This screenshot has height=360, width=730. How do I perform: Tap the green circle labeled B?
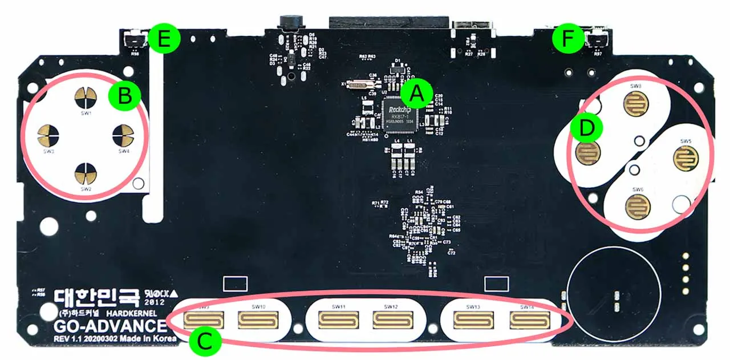click(x=124, y=96)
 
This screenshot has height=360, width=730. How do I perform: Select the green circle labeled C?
click(x=204, y=341)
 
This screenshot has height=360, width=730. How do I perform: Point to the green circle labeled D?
click(x=586, y=129)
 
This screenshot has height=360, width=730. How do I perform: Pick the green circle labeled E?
click(x=164, y=39)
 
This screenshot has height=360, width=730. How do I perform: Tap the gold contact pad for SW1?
click(x=86, y=98)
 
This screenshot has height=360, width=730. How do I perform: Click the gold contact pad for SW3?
click(x=48, y=135)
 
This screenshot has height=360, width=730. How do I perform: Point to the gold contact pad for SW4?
click(x=123, y=135)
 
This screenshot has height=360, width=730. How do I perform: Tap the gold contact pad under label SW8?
click(x=635, y=103)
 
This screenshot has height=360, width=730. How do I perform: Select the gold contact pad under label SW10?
click(x=258, y=321)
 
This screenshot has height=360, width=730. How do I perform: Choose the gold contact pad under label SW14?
click(x=528, y=321)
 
